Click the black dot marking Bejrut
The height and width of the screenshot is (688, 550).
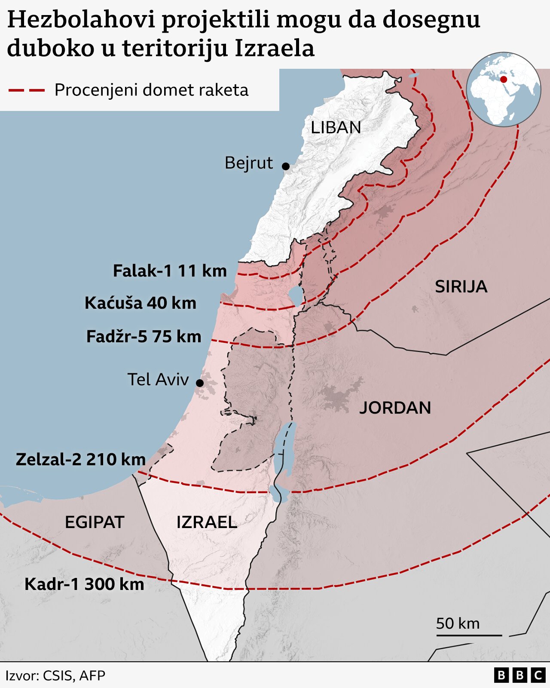pos(286,166)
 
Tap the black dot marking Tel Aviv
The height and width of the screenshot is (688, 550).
pos(200,383)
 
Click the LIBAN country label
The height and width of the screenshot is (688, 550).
pos(336,128)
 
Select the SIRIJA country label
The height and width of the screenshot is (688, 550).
pos(461,287)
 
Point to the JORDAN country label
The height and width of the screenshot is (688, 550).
pos(395,408)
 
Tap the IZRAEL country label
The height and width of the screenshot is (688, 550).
pos(207,522)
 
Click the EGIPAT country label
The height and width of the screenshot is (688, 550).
pos(95,522)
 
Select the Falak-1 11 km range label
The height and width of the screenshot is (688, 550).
pos(170,271)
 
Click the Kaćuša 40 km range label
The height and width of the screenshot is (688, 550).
pos(141,303)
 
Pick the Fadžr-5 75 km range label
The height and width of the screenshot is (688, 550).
pos(144,336)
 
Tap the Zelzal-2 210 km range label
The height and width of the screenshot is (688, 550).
pos(81,459)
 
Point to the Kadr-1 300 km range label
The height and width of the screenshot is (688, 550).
pos(84,584)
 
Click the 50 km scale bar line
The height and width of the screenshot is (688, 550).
pos(469,635)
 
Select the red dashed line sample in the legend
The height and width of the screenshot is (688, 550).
pos(27,90)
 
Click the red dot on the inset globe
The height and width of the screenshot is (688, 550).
pos(504,80)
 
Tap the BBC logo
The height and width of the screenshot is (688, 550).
pos(519,676)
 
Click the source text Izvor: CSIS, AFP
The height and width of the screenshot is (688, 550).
pos(55,676)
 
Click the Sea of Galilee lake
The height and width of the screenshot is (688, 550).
pos(296,295)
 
